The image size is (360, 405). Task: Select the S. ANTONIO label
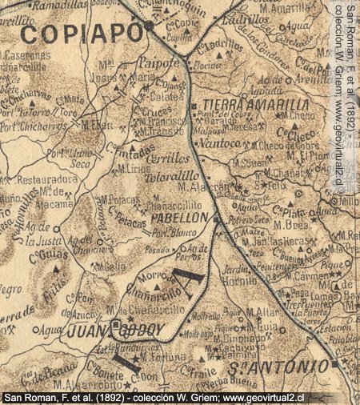(x=289, y=367)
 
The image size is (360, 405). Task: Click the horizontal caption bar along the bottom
(x=179, y=397)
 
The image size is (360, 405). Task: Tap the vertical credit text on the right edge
(x=341, y=96)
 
